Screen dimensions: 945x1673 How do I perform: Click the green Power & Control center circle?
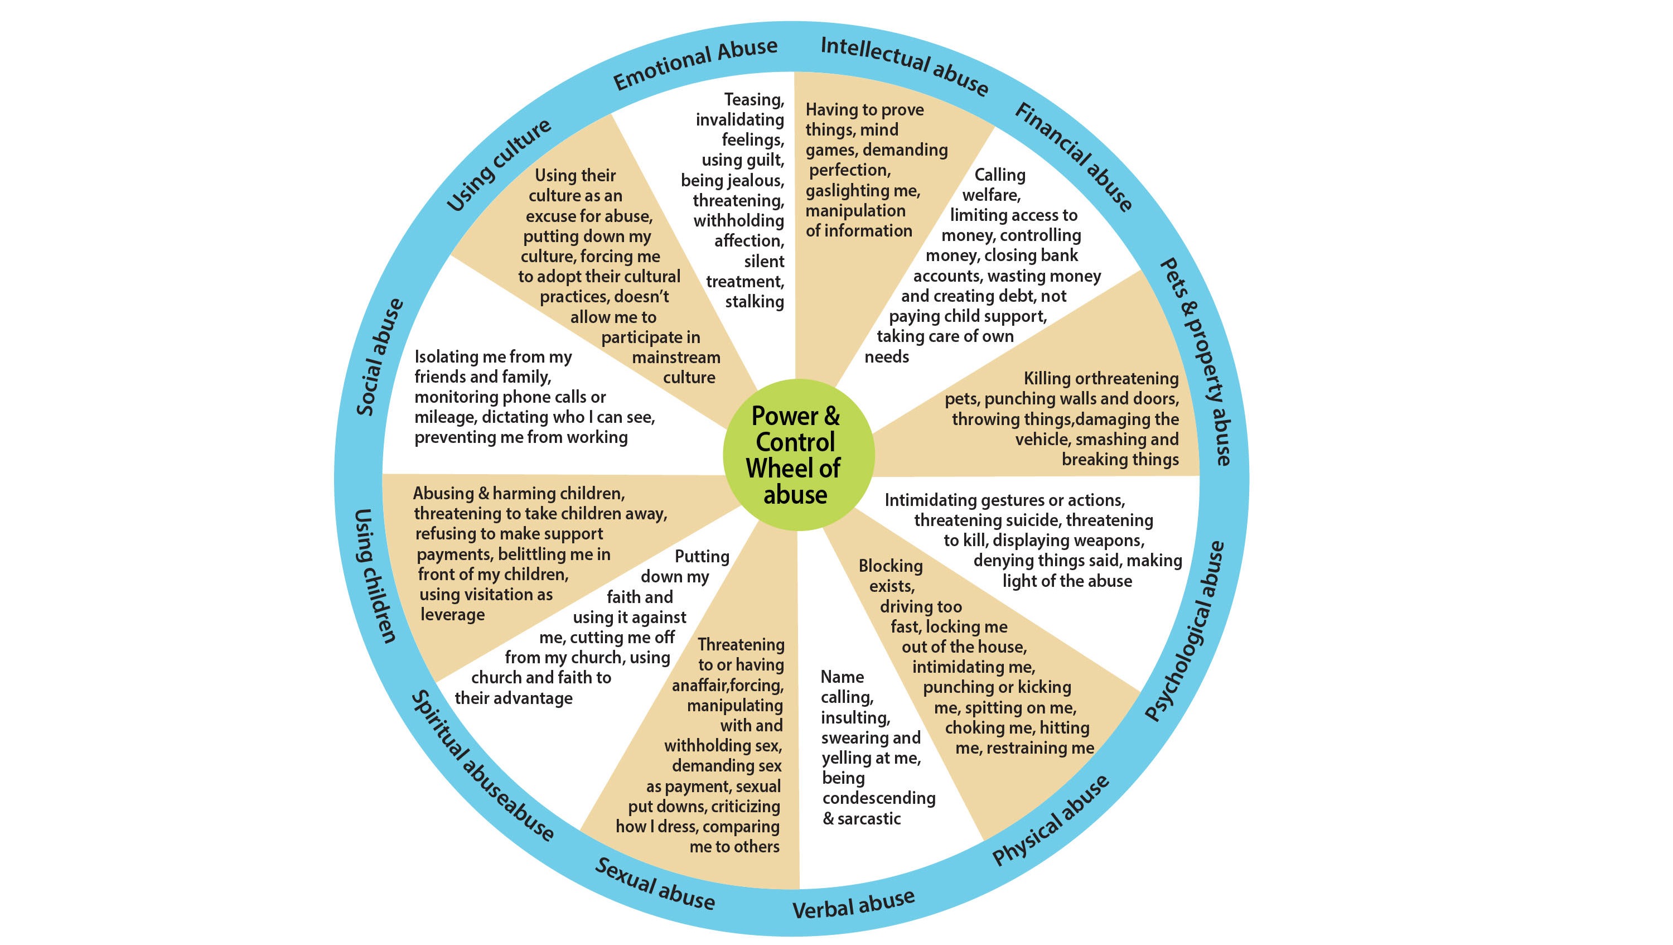(798, 455)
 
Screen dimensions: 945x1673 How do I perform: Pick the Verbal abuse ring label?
(853, 903)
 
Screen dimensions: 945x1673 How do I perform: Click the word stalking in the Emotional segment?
(754, 302)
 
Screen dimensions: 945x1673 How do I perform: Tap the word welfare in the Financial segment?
(990, 195)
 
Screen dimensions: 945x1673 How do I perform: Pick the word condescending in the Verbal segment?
(879, 798)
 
